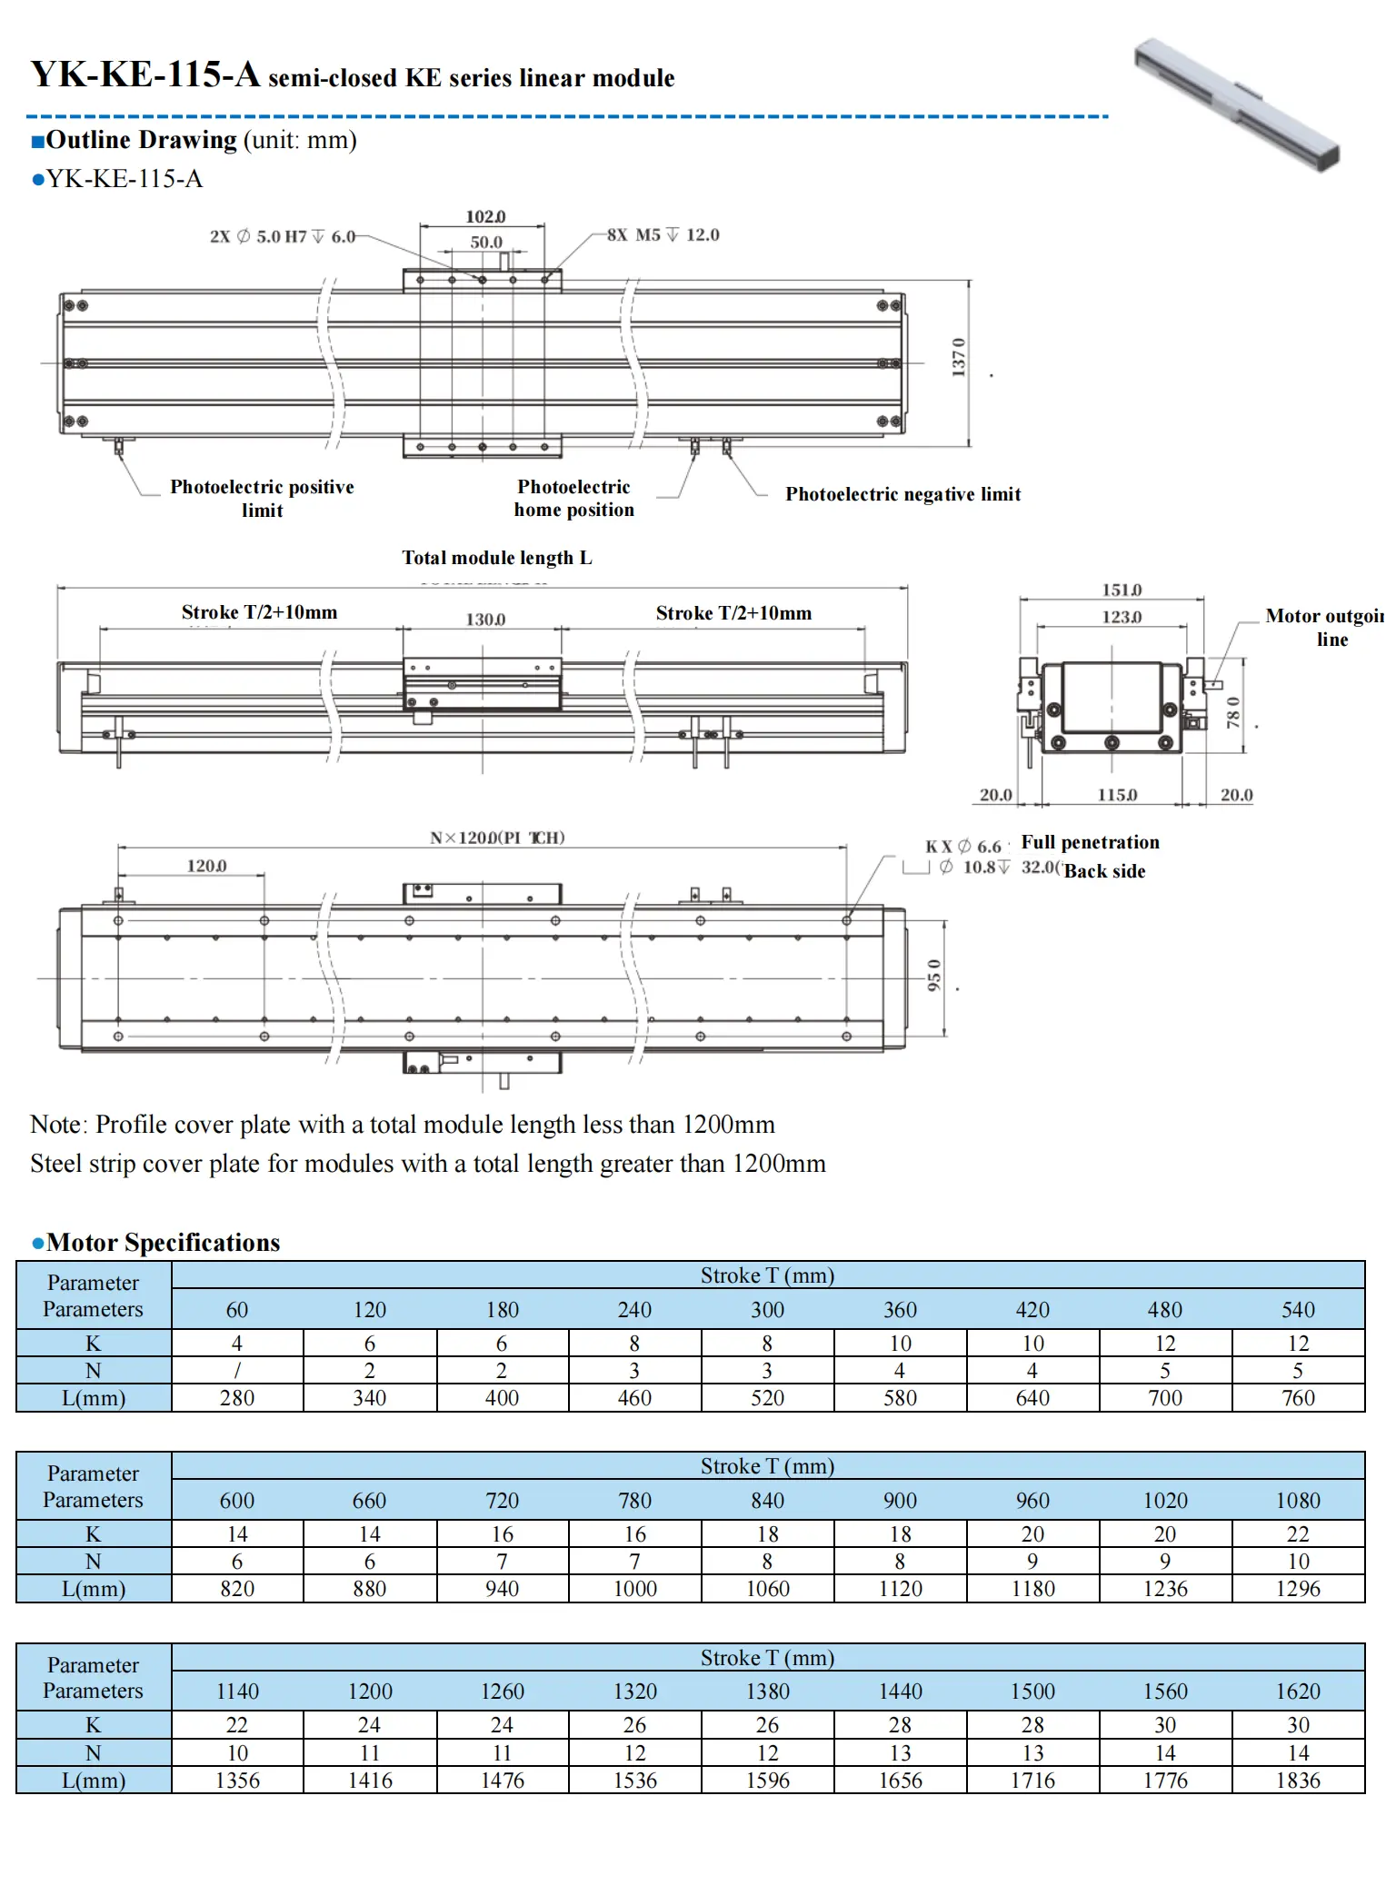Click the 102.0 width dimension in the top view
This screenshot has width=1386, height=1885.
pos(485,216)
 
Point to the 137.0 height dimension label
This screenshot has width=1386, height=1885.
pos(959,357)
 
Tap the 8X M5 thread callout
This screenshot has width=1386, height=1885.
pos(663,234)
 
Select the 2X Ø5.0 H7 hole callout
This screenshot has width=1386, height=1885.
pos(283,236)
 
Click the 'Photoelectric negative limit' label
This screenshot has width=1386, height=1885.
pos(902,494)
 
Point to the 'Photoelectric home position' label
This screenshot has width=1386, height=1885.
pos(573,498)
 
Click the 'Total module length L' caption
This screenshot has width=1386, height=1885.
pos(496,558)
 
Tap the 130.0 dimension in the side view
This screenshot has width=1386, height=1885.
pos(485,619)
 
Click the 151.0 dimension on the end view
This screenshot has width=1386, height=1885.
pos(1122,590)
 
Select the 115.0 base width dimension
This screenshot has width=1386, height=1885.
pos(1117,795)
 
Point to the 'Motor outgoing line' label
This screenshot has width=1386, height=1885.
pos(1325,627)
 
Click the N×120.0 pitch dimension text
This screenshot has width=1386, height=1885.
pos(497,837)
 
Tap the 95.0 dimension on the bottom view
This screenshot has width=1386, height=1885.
pos(934,976)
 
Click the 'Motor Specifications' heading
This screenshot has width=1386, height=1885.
pos(163,1242)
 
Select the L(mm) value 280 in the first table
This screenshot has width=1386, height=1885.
pos(237,1398)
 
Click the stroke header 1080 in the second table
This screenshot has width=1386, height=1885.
pos(1298,1501)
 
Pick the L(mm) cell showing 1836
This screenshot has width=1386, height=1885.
pos(1298,1781)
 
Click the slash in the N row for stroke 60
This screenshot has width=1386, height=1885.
pos(237,1371)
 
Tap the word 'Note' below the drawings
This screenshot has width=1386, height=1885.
pos(56,1125)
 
